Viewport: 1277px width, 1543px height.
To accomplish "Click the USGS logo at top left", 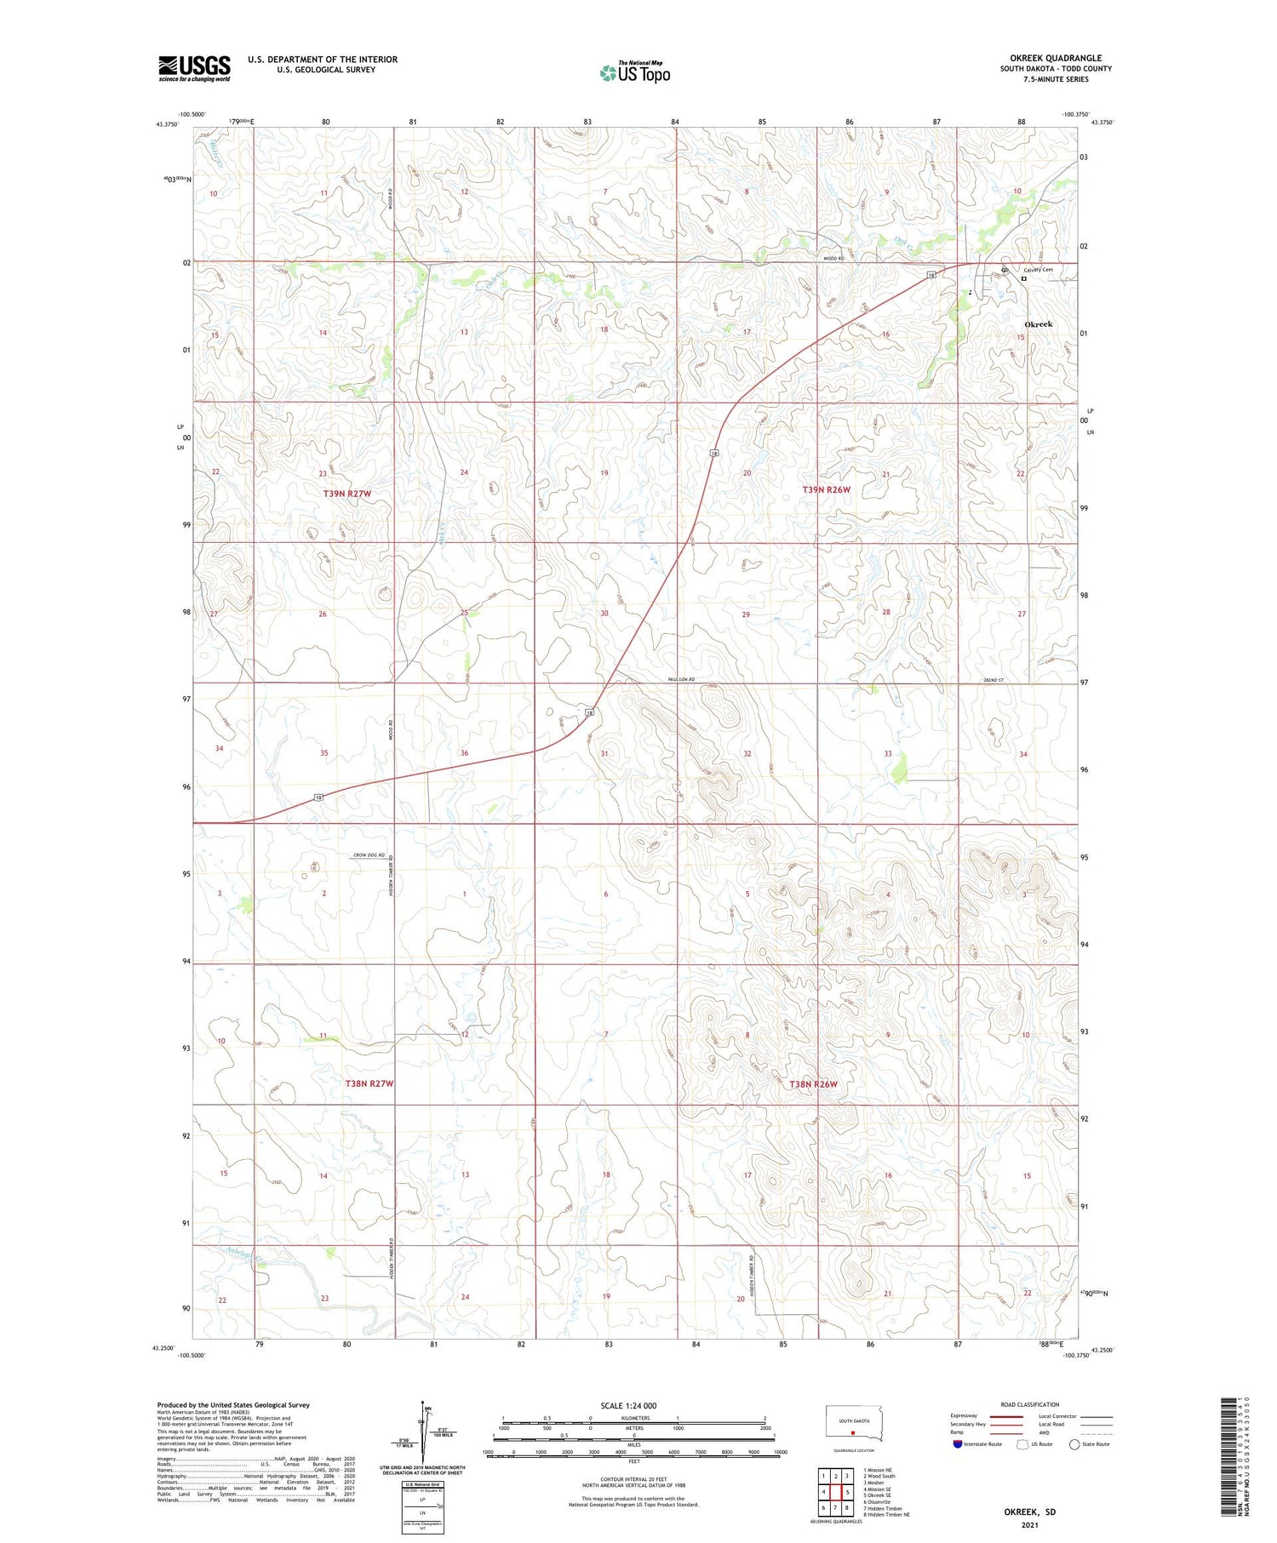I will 194,68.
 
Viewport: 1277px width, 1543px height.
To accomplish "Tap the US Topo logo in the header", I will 634,73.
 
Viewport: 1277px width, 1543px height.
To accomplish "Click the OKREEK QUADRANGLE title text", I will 1055,58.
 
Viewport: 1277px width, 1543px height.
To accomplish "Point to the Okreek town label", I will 1038,324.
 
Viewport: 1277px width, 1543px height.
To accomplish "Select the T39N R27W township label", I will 347,494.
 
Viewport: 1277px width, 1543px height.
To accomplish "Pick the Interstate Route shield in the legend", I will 958,1444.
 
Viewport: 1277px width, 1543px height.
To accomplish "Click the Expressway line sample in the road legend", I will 1005,1416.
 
